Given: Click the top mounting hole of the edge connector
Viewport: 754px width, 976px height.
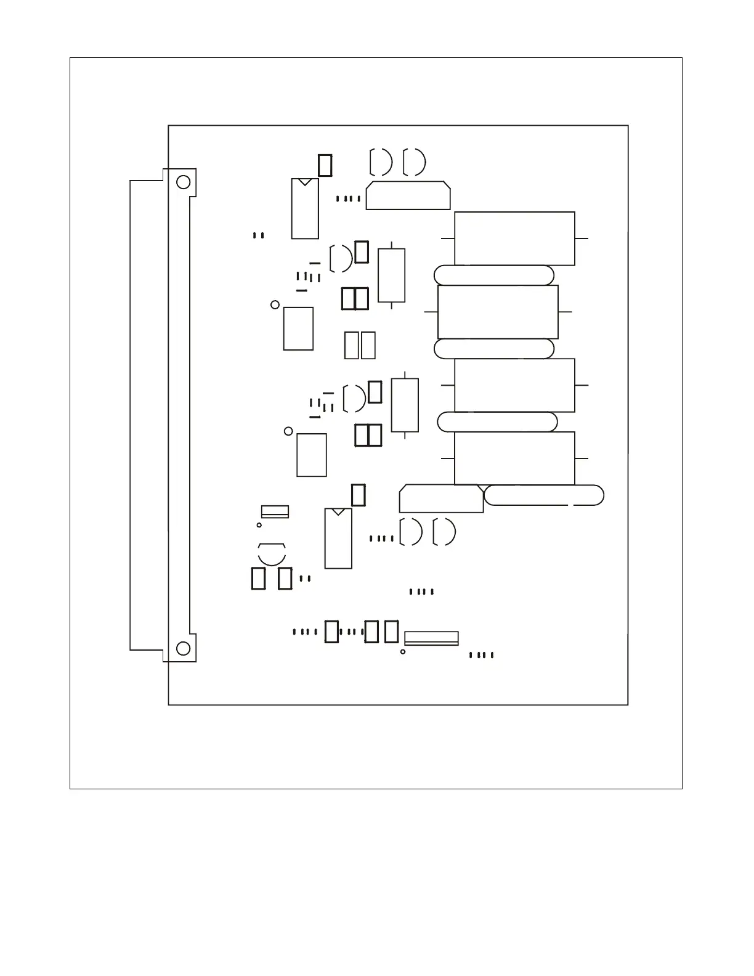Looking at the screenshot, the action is coord(183,182).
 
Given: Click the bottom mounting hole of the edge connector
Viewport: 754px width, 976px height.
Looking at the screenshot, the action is coord(183,648).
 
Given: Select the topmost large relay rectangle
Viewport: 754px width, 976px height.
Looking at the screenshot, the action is coord(514,238).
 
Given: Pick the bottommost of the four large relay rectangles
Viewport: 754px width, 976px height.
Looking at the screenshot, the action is coord(514,458).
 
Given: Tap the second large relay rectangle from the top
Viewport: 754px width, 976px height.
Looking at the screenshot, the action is coord(498,312).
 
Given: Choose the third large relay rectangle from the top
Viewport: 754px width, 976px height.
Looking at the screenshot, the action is coord(514,385).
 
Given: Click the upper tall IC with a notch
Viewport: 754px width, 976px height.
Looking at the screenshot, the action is coord(305,209).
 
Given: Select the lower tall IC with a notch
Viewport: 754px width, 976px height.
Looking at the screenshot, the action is coord(338,539).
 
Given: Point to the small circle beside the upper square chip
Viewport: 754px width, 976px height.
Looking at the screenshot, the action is coord(275,304).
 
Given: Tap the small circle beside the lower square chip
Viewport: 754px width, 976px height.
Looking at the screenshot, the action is coord(288,431).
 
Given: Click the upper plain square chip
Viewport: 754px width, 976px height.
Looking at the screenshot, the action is coord(298,328).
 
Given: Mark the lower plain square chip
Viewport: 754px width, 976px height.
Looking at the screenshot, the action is coord(312,455).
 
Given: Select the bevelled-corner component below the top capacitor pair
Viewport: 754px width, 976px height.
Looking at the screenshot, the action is coord(408,196).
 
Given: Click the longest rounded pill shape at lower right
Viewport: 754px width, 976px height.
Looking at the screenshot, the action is coord(544,495).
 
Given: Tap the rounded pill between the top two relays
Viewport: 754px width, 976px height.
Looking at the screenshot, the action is coord(494,275).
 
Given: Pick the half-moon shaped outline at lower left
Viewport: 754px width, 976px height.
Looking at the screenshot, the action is coord(272,553).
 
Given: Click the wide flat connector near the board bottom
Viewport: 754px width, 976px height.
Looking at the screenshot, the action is coord(431,638).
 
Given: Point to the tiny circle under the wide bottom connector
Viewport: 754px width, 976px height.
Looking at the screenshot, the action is coord(403,651).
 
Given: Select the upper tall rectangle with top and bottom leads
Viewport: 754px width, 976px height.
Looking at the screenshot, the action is coord(391,275).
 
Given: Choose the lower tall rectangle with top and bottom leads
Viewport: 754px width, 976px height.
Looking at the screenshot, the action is coord(405,405).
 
